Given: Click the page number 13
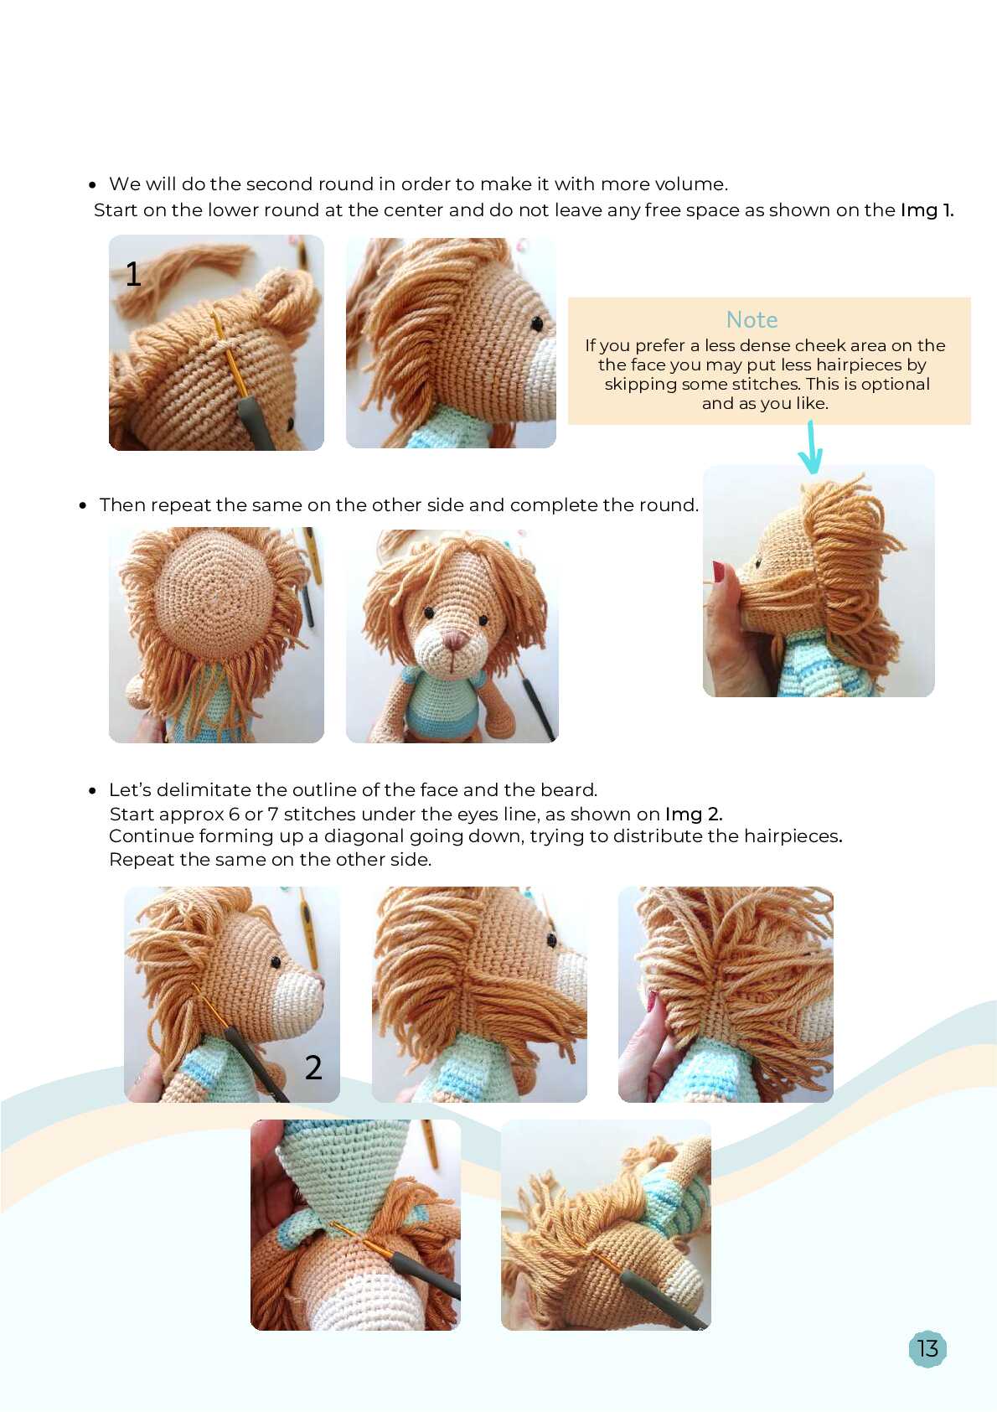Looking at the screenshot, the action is point(927,1348).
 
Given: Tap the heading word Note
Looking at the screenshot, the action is point(752,319).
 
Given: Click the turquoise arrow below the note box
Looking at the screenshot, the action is point(811,447).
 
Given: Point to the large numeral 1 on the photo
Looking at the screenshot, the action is point(133,273).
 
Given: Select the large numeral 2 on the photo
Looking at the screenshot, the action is point(313,1068).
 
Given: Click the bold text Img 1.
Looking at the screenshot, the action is point(927,209).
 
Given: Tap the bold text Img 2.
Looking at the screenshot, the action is point(694,814).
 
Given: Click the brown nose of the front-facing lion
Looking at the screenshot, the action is point(454,642).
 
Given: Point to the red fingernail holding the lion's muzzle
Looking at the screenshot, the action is point(719,572).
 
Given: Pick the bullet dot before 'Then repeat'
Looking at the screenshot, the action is point(83,505).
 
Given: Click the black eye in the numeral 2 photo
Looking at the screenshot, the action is point(276,963).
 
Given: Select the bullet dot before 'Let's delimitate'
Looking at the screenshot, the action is point(93,790).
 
